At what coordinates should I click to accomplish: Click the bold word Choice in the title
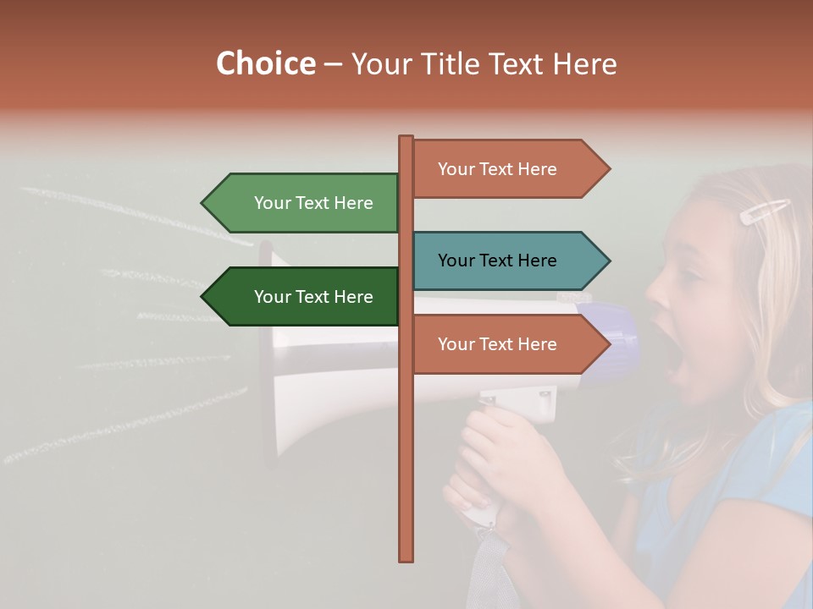coord(265,63)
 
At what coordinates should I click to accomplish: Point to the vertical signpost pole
coord(406,474)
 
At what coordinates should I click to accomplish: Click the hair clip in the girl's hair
coord(764,211)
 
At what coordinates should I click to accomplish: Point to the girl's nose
coord(655,292)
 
